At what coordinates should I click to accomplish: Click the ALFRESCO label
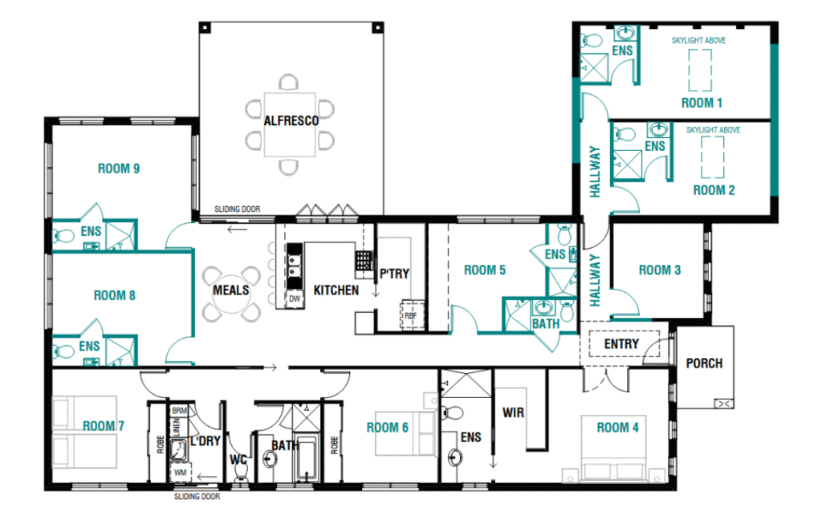(291, 121)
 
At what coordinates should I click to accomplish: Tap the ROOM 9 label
(119, 169)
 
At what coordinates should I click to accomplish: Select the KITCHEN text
(336, 290)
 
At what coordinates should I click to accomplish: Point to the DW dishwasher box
(295, 299)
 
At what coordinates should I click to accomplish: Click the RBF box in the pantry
(412, 315)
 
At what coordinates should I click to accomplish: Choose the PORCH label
(704, 364)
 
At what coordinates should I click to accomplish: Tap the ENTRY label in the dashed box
(621, 344)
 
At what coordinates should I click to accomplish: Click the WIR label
(513, 413)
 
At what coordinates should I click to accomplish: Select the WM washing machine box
(180, 472)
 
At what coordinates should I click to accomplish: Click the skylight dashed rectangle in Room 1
(700, 71)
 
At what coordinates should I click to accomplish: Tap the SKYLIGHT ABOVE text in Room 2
(713, 130)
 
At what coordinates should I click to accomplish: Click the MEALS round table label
(230, 290)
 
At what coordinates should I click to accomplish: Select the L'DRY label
(205, 441)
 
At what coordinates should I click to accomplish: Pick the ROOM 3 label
(660, 270)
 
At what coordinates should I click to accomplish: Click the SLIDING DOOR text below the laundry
(197, 497)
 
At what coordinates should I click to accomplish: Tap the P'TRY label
(394, 274)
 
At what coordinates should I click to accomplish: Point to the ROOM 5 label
(484, 270)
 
